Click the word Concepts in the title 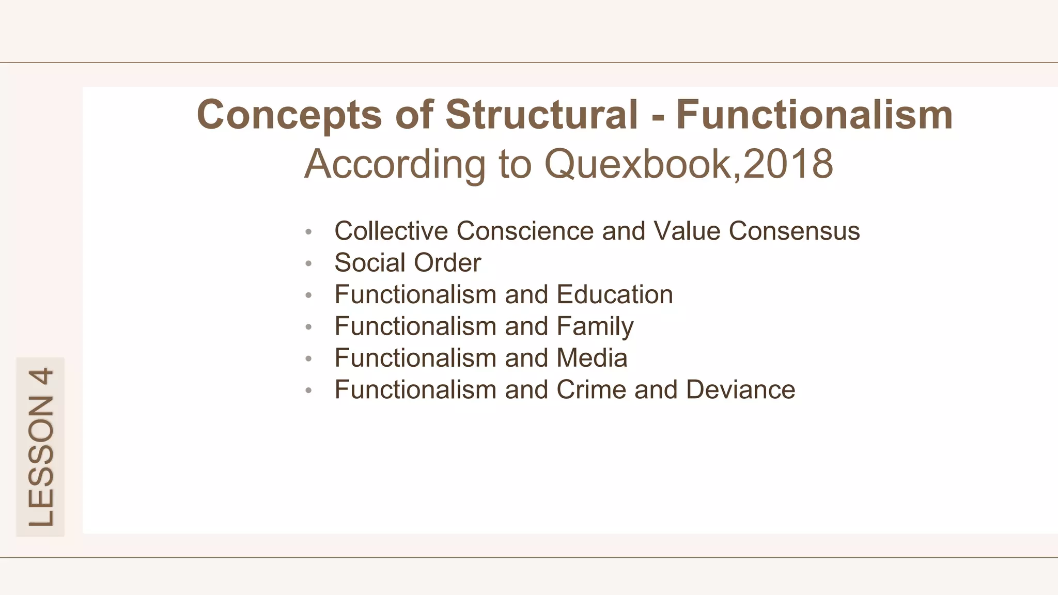(x=289, y=115)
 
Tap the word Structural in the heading (x=541, y=114)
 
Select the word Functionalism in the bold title (x=814, y=114)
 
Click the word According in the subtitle (x=395, y=164)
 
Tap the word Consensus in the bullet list (x=794, y=231)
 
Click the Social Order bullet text (x=408, y=262)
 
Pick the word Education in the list (x=615, y=294)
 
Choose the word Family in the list (x=595, y=326)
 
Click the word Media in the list (x=592, y=358)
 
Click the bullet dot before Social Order (x=308, y=264)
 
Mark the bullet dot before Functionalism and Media (x=308, y=359)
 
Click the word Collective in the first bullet (x=391, y=231)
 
